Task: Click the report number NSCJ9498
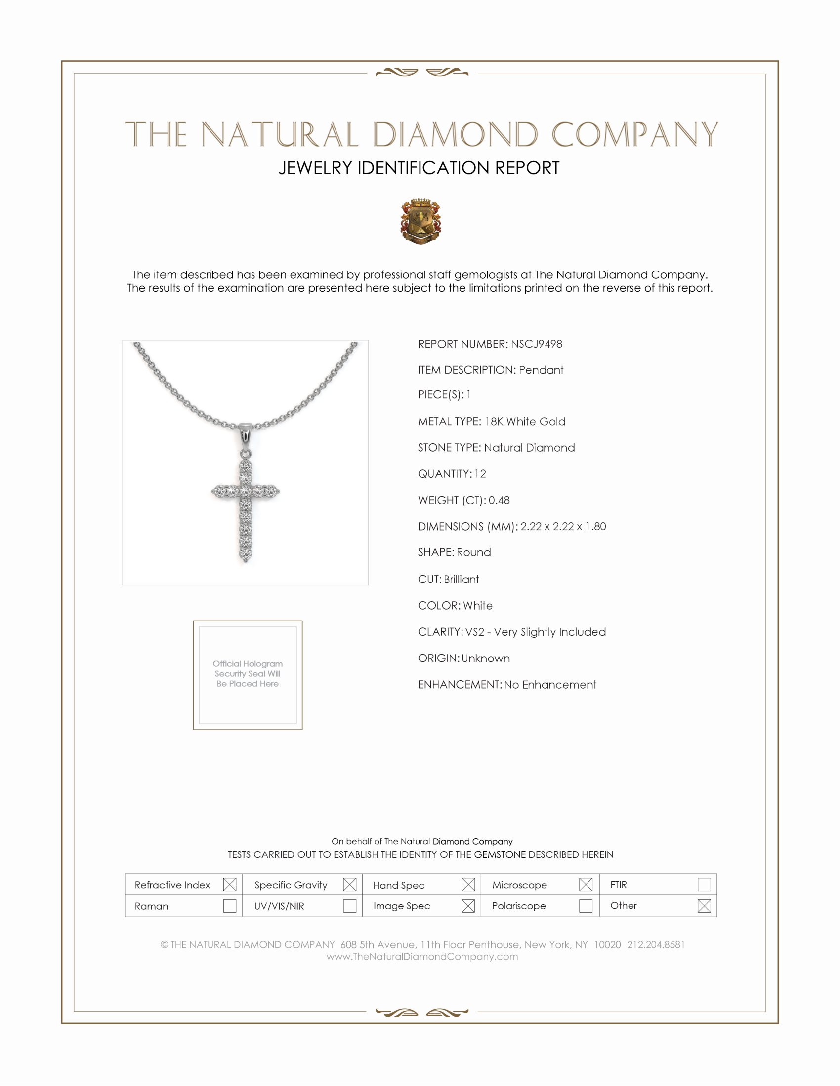coord(536,344)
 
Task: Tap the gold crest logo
coord(420,221)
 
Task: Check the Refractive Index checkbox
coord(229,884)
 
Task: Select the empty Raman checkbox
coord(229,905)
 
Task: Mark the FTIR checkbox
coord(704,884)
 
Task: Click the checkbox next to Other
coord(704,905)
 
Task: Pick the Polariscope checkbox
coord(585,905)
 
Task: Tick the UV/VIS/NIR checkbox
coord(349,905)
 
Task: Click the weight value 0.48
coord(499,500)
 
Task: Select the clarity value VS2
coord(474,631)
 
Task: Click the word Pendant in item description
coord(541,370)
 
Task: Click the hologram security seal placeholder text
coord(248,673)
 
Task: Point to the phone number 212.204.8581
coord(655,944)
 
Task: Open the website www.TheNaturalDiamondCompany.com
coord(422,956)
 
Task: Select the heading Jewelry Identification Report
coord(419,168)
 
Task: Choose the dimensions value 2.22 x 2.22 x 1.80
coord(563,526)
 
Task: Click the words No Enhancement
coord(550,684)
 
